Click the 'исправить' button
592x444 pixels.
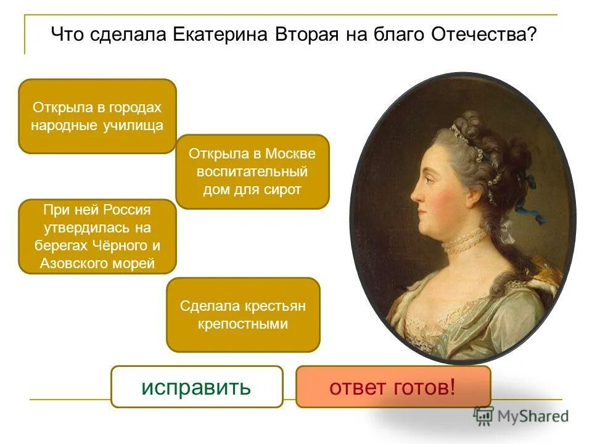197,387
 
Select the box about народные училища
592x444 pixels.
97,117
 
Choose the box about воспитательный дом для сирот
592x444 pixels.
252,171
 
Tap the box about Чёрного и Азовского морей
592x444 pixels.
97,237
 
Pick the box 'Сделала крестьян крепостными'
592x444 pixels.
243,314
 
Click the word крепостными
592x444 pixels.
243,324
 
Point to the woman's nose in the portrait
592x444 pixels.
417,197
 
